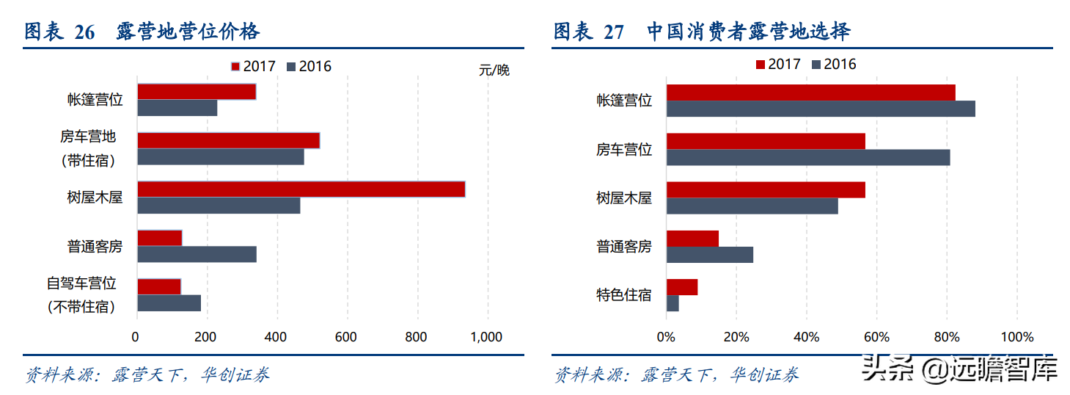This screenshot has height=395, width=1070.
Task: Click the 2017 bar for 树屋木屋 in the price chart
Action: [x=301, y=189]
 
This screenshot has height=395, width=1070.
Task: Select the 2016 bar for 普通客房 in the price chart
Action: [x=197, y=254]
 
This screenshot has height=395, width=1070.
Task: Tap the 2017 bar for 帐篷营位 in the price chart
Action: [x=197, y=92]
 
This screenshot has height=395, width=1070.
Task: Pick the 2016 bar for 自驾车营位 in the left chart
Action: [x=169, y=302]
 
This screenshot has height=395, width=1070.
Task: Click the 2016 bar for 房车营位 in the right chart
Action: [x=807, y=157]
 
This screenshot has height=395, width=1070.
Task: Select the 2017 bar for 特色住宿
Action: [x=681, y=287]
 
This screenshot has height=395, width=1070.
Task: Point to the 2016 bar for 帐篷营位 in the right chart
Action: [x=820, y=109]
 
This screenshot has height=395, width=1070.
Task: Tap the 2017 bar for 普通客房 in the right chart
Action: [x=692, y=239]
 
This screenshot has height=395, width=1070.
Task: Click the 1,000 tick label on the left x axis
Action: [x=485, y=337]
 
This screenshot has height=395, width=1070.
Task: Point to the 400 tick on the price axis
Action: [x=276, y=337]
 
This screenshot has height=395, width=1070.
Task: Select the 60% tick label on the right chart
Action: [x=876, y=337]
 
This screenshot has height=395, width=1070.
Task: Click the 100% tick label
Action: [x=1016, y=337]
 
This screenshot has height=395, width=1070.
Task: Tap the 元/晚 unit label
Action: [x=494, y=70]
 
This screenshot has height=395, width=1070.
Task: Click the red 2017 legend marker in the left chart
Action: [x=235, y=67]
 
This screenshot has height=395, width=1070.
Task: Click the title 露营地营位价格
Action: [x=188, y=32]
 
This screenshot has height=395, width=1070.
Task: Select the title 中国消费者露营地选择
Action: [x=749, y=32]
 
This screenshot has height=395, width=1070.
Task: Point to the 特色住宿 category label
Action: [x=623, y=295]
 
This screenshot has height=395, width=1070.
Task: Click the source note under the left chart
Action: [x=147, y=375]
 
